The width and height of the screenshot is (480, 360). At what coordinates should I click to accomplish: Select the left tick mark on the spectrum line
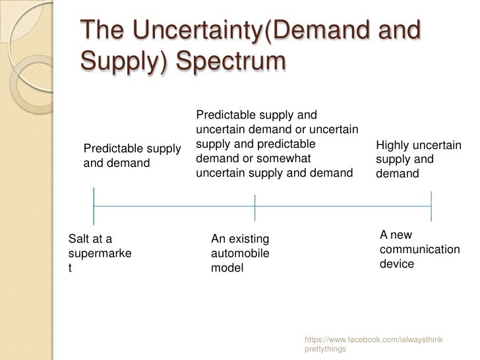pyautogui.click(x=94, y=206)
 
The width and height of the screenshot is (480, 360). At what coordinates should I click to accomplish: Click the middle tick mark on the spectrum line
pyautogui.click(x=255, y=206)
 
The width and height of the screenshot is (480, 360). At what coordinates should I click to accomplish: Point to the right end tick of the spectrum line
pyautogui.click(x=431, y=206)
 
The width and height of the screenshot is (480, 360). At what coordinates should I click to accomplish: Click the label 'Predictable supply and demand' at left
pyautogui.click(x=132, y=156)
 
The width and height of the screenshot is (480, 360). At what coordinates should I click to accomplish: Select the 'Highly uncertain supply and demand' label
pyautogui.click(x=418, y=160)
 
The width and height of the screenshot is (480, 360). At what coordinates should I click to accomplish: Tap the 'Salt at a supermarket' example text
pyautogui.click(x=100, y=253)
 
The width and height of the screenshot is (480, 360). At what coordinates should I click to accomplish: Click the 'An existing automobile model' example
pyautogui.click(x=240, y=253)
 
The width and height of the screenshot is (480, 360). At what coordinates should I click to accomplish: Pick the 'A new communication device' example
pyautogui.click(x=419, y=249)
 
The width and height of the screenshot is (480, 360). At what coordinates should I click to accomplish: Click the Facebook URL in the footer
pyautogui.click(x=373, y=339)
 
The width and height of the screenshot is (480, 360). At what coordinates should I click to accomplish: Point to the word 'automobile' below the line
pyautogui.click(x=240, y=253)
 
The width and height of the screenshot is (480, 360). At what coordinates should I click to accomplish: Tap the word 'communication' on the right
pyautogui.click(x=419, y=249)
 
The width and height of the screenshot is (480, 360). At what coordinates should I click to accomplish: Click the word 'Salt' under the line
pyautogui.click(x=80, y=239)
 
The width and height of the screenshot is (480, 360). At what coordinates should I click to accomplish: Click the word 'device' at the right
pyautogui.click(x=397, y=264)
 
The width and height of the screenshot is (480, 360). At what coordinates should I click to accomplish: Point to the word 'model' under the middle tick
pyautogui.click(x=227, y=268)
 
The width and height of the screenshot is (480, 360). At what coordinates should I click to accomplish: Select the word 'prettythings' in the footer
pyautogui.click(x=325, y=349)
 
